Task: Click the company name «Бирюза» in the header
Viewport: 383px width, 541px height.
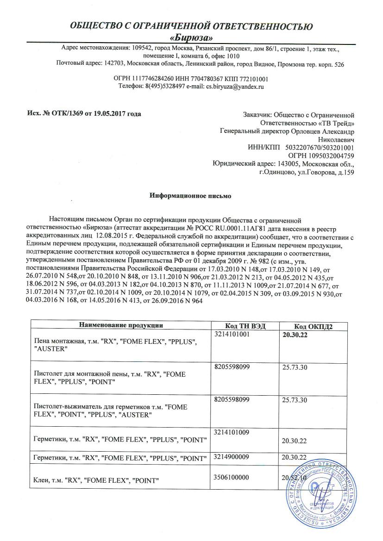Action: click(x=191, y=37)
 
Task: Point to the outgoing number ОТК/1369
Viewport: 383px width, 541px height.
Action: click(x=64, y=114)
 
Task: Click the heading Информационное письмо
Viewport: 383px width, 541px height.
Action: click(x=190, y=196)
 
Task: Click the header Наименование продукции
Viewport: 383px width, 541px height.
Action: click(x=120, y=325)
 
